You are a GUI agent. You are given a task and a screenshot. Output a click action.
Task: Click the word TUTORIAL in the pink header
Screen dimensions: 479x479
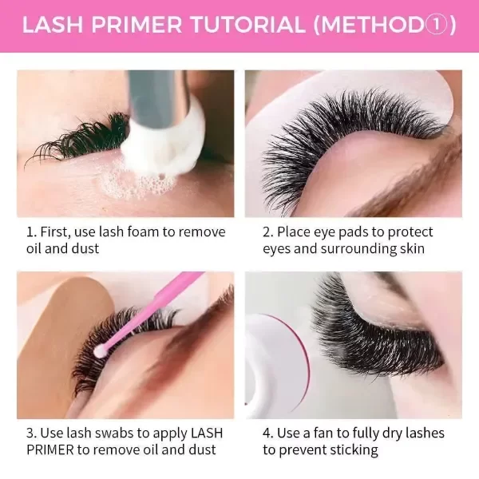point(247,25)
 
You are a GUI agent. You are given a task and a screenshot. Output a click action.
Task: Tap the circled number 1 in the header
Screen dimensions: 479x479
point(436,25)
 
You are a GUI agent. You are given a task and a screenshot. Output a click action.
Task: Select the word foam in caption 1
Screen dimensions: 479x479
point(142,232)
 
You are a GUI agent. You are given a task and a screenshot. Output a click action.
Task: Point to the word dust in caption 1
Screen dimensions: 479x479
point(85,248)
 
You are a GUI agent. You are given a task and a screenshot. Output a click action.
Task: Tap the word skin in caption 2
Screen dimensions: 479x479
point(413,248)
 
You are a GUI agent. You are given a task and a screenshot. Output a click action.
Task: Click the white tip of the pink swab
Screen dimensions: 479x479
point(100,351)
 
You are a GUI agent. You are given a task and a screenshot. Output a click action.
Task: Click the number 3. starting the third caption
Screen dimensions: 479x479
point(31,433)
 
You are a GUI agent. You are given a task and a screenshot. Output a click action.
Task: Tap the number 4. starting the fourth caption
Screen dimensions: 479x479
point(267,433)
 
